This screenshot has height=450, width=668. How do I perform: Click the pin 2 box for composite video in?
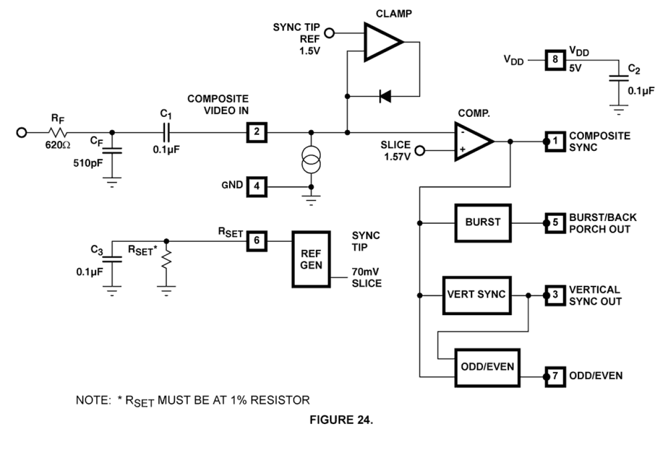(x=256, y=132)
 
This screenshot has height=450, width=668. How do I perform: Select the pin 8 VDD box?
(x=555, y=60)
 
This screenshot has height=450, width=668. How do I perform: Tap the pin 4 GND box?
(x=256, y=186)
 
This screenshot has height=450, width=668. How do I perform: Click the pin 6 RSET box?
(x=256, y=241)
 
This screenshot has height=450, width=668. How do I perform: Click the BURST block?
(x=482, y=222)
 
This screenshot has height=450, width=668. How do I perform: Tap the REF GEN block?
(x=311, y=259)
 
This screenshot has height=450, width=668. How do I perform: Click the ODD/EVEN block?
(x=487, y=368)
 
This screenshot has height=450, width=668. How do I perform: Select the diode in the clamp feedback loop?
(x=384, y=96)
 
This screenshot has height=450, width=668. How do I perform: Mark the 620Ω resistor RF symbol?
(x=56, y=132)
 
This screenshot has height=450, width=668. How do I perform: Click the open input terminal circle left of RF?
(x=22, y=132)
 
